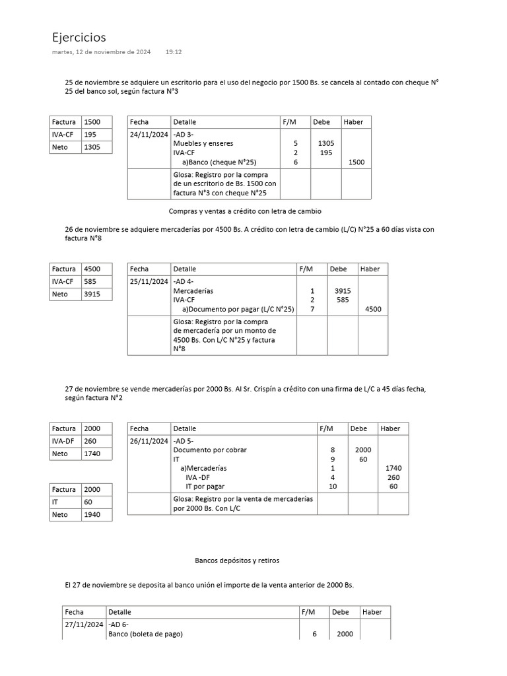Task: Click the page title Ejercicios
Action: tap(79, 38)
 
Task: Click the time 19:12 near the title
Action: tap(174, 51)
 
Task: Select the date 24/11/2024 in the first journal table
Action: tap(149, 134)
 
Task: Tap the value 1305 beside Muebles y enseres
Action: tap(325, 143)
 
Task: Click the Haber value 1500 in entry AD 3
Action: tap(356, 162)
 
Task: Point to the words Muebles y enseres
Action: tap(203, 143)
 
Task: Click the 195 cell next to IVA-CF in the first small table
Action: tap(91, 134)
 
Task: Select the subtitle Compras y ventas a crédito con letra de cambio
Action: tap(245, 211)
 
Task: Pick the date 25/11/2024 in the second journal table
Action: tap(149, 281)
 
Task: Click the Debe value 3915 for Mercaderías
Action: tap(343, 290)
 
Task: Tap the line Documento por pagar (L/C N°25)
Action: tap(238, 309)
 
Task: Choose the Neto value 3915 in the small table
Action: tap(92, 294)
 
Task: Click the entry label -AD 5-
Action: tap(183, 440)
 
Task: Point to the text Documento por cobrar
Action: tap(209, 450)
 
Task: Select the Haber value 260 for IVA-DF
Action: tap(393, 477)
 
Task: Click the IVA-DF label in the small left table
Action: tap(64, 441)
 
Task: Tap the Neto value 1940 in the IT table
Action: tap(92, 514)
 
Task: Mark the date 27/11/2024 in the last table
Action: tap(84, 625)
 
